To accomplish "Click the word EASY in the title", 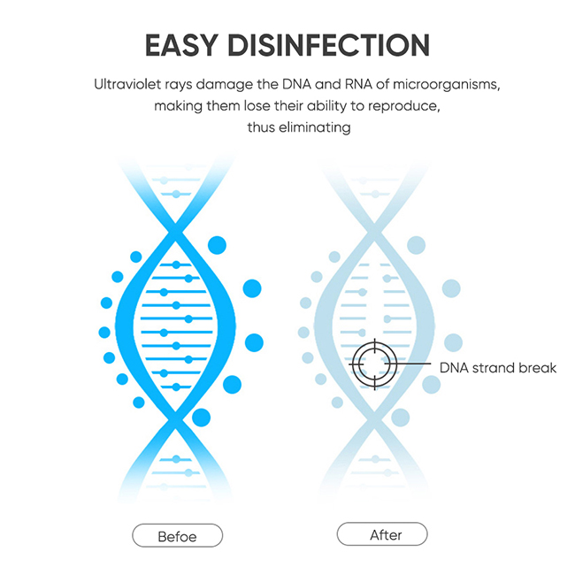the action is click(x=182, y=45).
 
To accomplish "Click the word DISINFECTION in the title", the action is click(x=328, y=45).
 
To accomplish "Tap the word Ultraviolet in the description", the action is click(x=127, y=85).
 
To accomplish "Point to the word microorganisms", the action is click(x=446, y=86).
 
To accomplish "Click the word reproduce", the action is click(x=403, y=107).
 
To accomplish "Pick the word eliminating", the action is click(x=315, y=128).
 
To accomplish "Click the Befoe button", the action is click(x=178, y=536).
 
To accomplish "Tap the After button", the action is click(x=382, y=534).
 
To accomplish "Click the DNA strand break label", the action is click(x=498, y=368).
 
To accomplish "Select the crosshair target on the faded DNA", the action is click(x=375, y=364).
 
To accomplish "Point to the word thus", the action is click(x=261, y=127).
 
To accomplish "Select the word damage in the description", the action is click(x=225, y=86).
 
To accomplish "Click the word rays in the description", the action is click(x=178, y=86).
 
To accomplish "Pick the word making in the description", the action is click(x=178, y=107).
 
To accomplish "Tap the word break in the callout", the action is click(x=540, y=368).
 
